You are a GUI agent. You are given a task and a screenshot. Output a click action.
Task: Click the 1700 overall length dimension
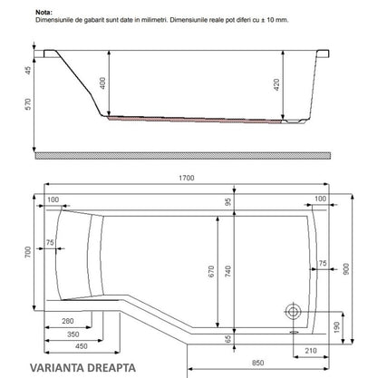(187, 178)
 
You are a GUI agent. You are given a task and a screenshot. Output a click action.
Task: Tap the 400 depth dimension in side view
(102, 83)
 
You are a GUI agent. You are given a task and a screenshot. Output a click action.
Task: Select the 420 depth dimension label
(276, 84)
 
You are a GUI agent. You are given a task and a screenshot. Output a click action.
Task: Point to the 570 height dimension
(28, 104)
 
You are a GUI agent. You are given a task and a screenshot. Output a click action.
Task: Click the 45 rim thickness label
(28, 71)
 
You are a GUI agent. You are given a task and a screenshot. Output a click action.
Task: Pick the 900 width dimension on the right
(346, 269)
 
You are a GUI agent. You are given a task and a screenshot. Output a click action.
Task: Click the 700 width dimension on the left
(28, 252)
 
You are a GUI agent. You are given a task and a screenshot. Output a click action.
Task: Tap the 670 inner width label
(211, 271)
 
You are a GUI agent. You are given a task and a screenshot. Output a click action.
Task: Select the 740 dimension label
(228, 271)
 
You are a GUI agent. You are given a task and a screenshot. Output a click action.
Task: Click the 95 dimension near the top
(228, 201)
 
